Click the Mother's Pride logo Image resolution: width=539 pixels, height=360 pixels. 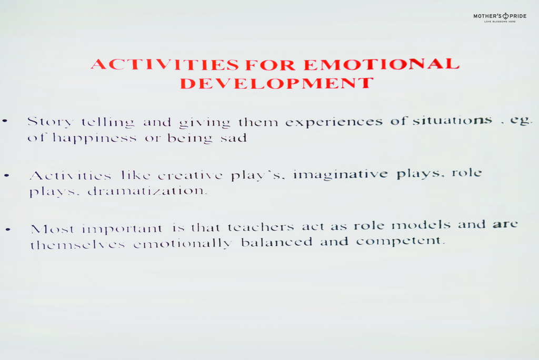(500, 17)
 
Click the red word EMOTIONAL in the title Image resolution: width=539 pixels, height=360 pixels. (382, 64)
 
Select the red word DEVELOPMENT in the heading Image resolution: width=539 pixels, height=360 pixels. (277, 83)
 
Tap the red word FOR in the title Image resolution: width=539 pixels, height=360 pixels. (270, 65)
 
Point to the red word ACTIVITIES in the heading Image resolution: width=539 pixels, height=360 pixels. (165, 64)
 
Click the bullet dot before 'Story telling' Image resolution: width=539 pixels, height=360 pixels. (5, 121)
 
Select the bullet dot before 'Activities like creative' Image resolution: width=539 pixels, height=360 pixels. (7, 176)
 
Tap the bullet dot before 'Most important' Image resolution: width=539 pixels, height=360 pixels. (8, 229)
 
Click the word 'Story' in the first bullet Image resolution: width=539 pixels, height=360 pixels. (50, 122)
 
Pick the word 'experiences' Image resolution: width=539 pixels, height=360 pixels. (334, 122)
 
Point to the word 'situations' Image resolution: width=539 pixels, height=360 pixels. (452, 121)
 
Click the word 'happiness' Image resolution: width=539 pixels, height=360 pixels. (95, 138)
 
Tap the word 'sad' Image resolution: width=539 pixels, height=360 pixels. (234, 138)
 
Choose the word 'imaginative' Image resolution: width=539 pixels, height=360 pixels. (341, 175)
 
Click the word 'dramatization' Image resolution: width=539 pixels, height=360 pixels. (147, 191)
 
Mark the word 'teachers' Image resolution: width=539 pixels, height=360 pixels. (261, 227)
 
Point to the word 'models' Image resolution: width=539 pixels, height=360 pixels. (421, 225)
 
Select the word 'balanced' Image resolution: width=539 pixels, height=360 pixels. (277, 242)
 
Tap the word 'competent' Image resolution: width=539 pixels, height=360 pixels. (401, 241)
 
